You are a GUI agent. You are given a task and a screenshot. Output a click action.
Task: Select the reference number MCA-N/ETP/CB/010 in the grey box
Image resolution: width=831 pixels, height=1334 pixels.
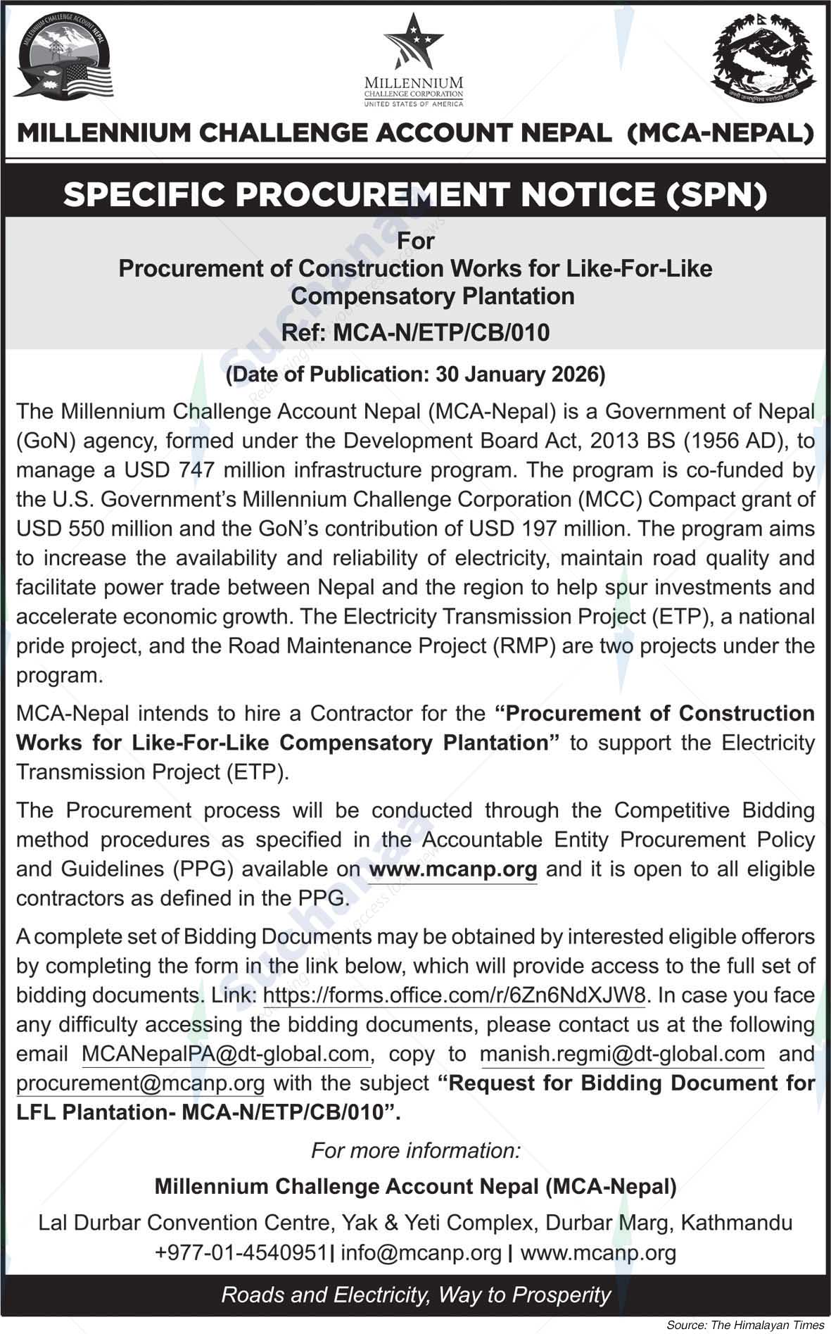click(441, 332)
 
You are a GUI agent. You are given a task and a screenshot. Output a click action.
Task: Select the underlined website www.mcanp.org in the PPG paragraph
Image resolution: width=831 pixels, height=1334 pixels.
click(452, 869)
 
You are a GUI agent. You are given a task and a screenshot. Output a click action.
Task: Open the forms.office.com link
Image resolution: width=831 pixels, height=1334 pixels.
click(454, 995)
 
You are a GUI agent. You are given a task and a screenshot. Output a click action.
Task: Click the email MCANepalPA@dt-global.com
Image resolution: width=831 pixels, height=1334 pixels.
click(225, 1054)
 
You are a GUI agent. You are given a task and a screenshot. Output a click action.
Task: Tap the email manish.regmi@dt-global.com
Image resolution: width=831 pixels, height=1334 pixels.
click(622, 1054)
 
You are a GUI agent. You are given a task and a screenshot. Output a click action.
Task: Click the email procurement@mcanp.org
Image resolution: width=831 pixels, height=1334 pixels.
click(140, 1083)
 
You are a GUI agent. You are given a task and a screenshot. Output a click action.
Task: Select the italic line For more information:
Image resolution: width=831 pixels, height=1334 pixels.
click(415, 1150)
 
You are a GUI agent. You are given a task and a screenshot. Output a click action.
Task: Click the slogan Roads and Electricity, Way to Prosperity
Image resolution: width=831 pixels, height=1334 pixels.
click(416, 1295)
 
